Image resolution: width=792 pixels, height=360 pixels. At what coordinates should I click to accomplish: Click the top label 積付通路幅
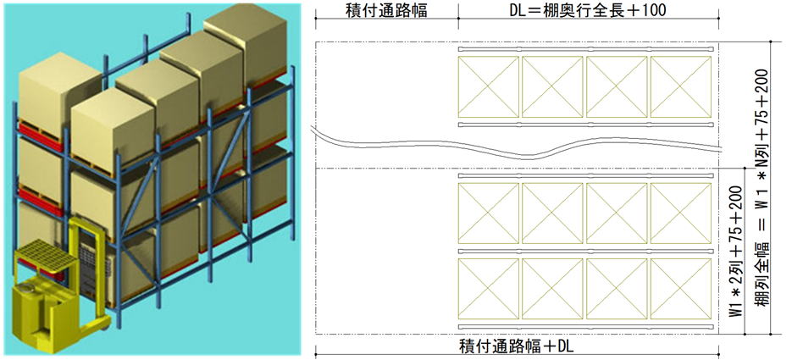385,10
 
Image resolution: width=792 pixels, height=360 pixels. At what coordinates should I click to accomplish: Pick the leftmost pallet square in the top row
487,86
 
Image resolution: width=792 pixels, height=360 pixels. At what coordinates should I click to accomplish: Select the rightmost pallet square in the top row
680,86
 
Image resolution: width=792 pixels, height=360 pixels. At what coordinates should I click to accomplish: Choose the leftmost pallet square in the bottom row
487,288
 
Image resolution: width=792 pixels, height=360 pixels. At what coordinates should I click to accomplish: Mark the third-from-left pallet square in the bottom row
616,288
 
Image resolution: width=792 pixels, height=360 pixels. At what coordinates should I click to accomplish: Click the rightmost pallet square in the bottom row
680,288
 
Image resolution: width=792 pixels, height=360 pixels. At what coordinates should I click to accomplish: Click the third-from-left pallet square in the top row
616,86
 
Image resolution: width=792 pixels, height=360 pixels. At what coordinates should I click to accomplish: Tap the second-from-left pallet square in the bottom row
551,288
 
